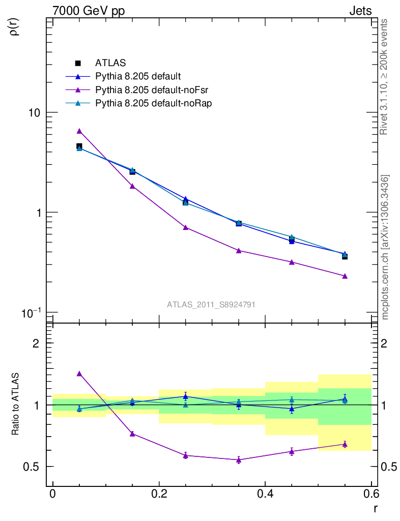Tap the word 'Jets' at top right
click(x=360, y=11)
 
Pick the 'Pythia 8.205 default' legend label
click(x=138, y=77)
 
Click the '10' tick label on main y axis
click(x=35, y=112)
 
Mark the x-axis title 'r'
click(x=376, y=508)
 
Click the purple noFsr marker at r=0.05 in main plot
click(x=79, y=131)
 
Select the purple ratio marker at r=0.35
click(x=239, y=460)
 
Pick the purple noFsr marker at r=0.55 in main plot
click(x=345, y=276)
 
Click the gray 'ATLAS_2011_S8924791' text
click(x=211, y=304)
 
